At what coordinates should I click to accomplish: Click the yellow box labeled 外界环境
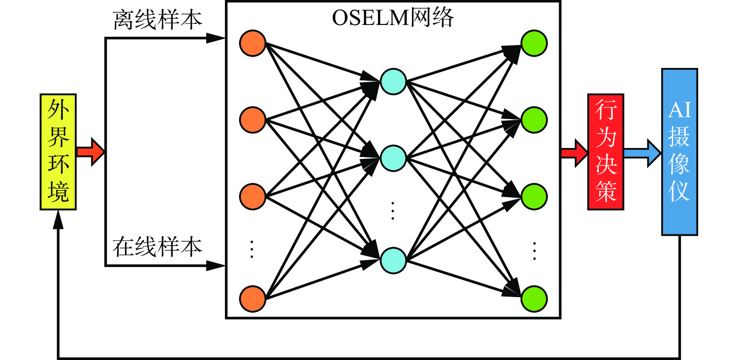tap(58, 152)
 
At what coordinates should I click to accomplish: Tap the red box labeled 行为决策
tap(606, 152)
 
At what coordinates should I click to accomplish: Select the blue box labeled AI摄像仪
tap(679, 152)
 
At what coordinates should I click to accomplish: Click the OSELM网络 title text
tap(392, 18)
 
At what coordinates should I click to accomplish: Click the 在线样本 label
tap(157, 247)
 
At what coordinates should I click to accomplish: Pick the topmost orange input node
tap(253, 43)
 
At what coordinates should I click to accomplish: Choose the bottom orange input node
tap(253, 299)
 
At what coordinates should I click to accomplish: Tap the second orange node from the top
tap(253, 120)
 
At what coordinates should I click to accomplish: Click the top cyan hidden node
tap(393, 82)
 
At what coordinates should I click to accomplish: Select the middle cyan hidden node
tap(393, 158)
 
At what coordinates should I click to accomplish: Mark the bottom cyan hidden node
tap(393, 260)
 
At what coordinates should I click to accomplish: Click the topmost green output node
tap(534, 43)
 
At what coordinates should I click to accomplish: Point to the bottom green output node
tap(534, 299)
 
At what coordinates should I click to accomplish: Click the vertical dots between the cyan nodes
tap(393, 211)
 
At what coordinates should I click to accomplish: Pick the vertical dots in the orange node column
tap(252, 250)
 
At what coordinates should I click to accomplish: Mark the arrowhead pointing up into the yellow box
tap(58, 219)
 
